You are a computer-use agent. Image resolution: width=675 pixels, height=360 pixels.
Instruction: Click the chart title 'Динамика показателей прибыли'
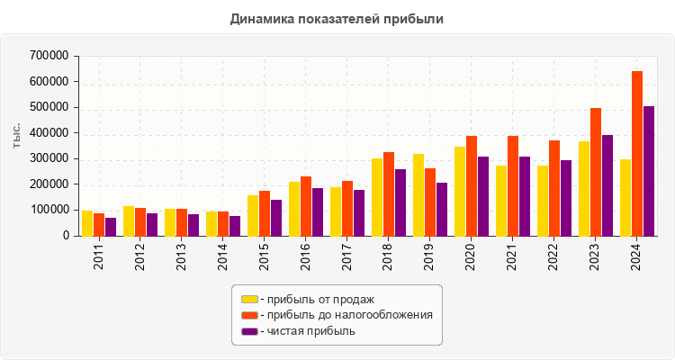point(337,18)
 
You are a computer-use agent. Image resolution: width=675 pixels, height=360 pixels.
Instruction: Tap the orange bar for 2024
point(637,153)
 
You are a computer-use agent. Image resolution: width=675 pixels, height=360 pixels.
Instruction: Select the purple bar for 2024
point(649,171)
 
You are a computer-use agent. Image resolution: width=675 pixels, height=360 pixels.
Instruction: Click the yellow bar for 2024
point(625,198)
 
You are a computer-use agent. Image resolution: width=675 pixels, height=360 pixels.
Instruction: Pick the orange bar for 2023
point(596,172)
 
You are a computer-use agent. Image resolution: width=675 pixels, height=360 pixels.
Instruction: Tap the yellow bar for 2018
point(377,197)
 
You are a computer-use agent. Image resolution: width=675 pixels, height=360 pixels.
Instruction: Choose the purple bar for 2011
point(111,227)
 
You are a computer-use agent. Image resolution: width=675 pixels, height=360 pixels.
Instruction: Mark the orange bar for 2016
point(306,206)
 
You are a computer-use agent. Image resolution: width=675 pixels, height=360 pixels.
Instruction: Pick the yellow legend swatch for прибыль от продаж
point(249,299)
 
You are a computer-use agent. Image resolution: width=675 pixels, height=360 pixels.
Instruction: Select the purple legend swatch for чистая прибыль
point(249,331)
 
